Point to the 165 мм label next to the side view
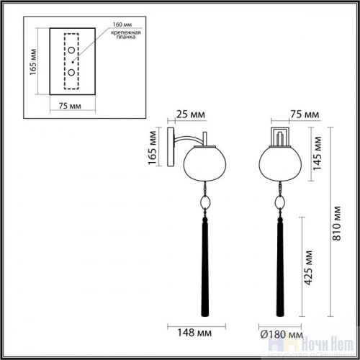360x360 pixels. pyautogui.click(x=152, y=148)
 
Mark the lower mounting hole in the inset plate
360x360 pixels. pyautogui.click(x=71, y=73)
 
